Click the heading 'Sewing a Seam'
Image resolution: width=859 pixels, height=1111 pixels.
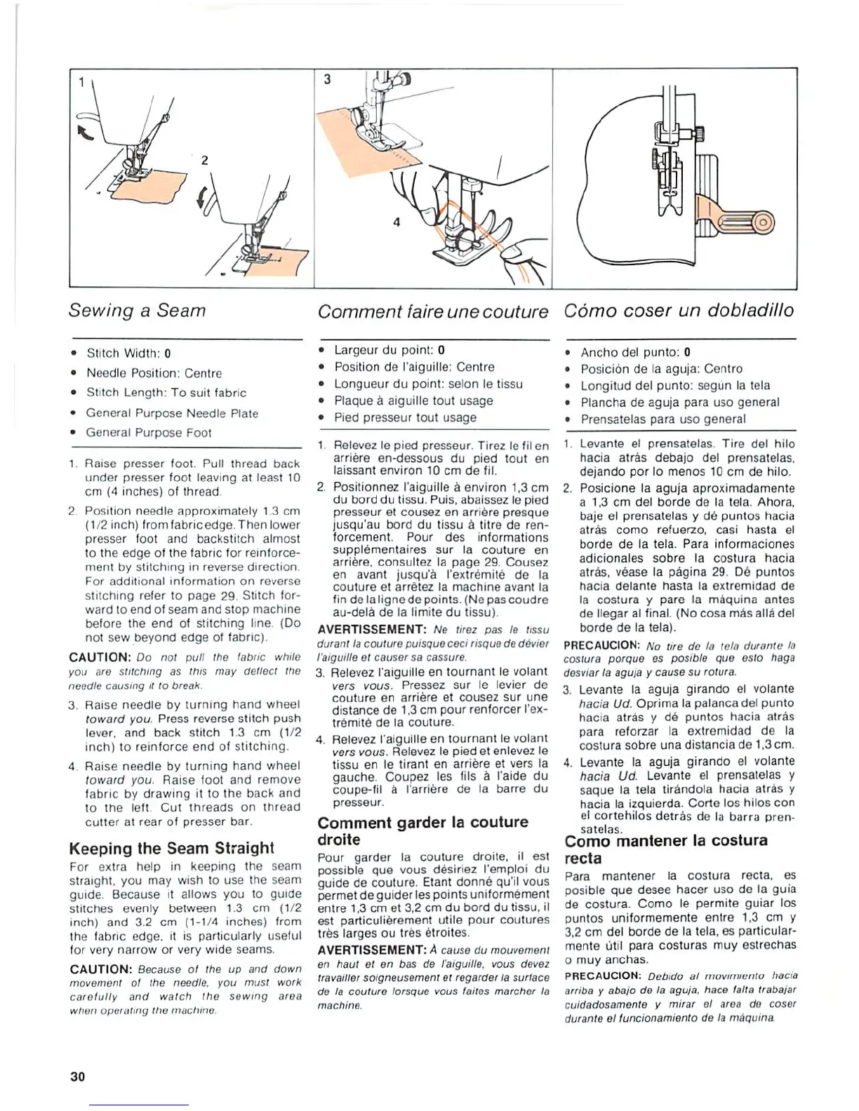(137, 311)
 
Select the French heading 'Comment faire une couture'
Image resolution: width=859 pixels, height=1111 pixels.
(432, 311)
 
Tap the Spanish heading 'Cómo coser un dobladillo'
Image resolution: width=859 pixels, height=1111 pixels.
(679, 311)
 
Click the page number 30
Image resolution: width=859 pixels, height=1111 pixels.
(77, 1076)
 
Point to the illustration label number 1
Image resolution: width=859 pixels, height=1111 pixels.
(81, 83)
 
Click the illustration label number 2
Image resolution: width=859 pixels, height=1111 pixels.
(204, 161)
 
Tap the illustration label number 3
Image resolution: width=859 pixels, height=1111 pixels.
(327, 79)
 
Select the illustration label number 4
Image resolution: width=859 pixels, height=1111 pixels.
(397, 222)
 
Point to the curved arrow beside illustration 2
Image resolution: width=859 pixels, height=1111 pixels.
(204, 201)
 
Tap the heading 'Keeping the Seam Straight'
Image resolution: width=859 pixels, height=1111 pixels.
(172, 848)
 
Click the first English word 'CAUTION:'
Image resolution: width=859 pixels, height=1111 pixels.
(101, 657)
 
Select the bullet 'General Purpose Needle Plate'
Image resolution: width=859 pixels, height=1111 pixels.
(172, 413)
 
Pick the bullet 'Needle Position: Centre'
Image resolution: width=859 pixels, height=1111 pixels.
(154, 373)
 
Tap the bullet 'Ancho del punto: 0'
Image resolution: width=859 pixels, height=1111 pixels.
(635, 352)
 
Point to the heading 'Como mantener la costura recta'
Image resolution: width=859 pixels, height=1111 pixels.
(665, 849)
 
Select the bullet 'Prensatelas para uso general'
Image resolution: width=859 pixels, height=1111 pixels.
(662, 419)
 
